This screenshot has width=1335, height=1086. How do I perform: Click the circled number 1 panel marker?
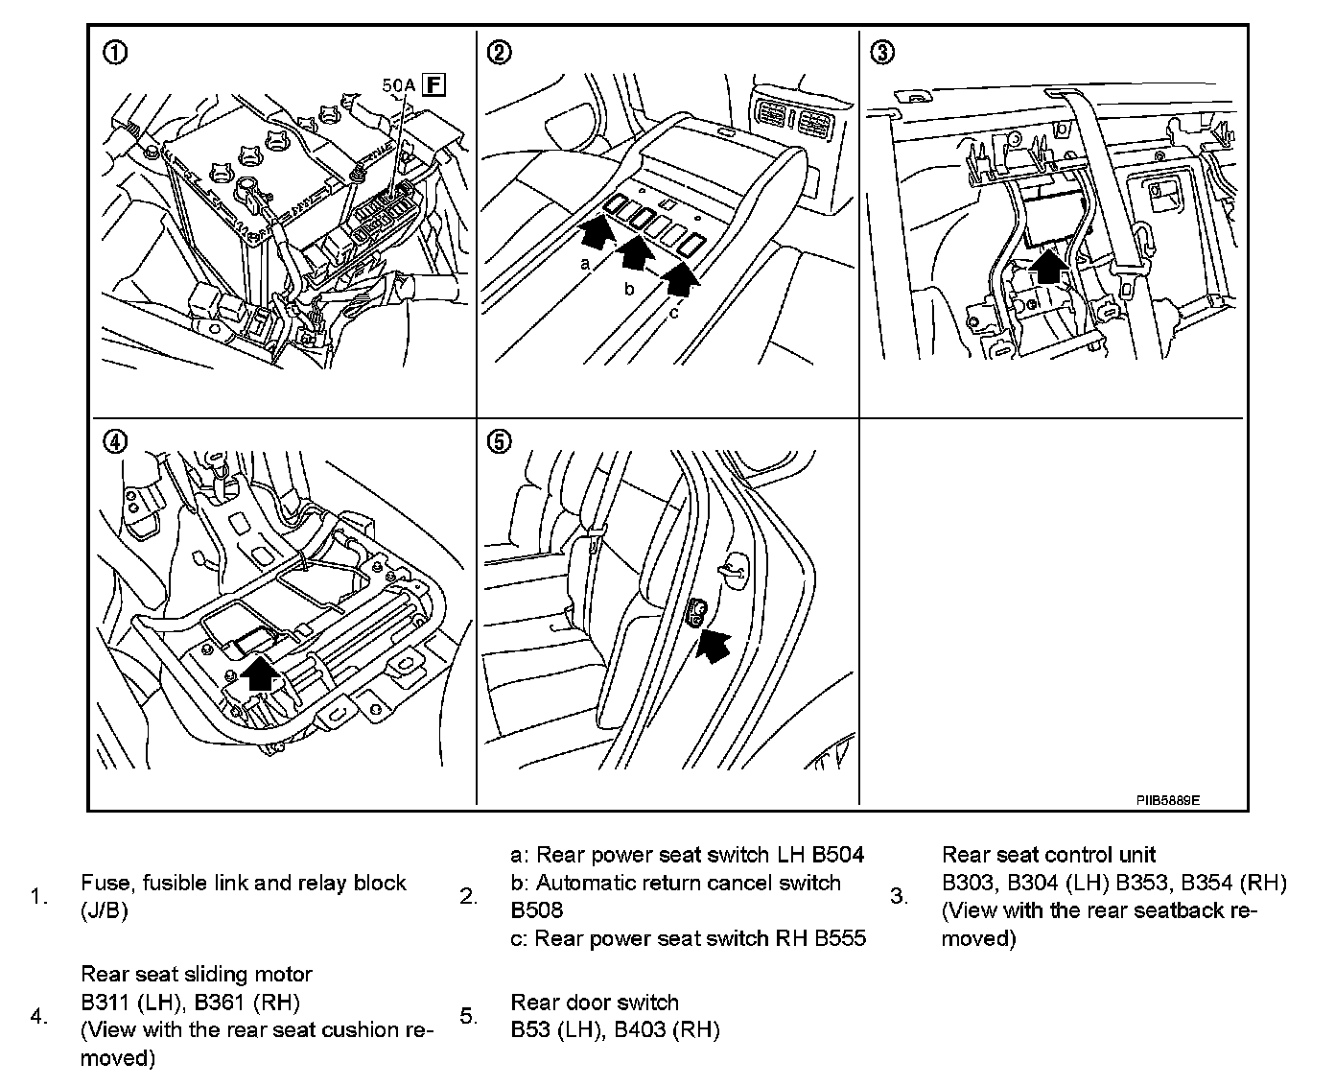(x=113, y=54)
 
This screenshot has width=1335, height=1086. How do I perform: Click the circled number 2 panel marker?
(x=499, y=54)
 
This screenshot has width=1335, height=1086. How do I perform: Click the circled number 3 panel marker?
(x=880, y=54)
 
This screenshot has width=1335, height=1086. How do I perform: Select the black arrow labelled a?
(x=596, y=232)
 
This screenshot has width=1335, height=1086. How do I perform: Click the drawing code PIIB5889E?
(x=1168, y=799)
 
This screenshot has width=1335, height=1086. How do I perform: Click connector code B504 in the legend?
(x=838, y=855)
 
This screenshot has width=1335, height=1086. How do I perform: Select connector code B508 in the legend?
(x=537, y=910)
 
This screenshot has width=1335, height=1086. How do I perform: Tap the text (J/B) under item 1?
(x=105, y=910)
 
